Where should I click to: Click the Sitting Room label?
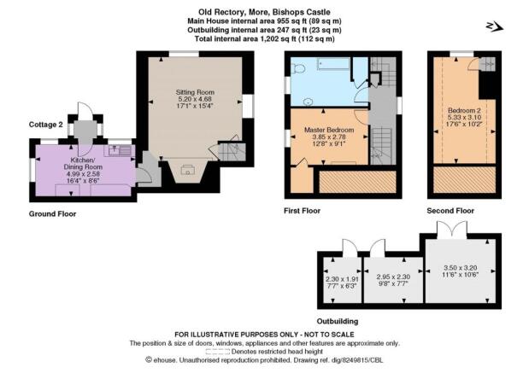(195, 92)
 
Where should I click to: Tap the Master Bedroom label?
(329, 130)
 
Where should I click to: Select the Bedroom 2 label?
(464, 110)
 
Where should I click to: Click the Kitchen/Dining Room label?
(83, 163)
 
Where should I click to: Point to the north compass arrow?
(495, 26)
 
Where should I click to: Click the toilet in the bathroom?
(298, 69)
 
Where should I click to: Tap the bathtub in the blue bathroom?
(333, 64)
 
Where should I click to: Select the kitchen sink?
(120, 150)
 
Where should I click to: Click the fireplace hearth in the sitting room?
(187, 170)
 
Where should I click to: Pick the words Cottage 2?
(46, 125)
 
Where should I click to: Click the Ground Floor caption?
(52, 214)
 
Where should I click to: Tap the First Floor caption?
(302, 211)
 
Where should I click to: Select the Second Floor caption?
(450, 211)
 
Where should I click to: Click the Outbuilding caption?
(338, 321)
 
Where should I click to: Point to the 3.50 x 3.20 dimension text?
(461, 268)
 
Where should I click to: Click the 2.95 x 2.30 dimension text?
(393, 277)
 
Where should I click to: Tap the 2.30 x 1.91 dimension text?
(342, 279)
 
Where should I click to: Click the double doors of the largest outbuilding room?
(452, 229)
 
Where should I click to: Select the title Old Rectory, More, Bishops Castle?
(264, 13)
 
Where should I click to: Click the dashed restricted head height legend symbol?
(218, 352)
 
